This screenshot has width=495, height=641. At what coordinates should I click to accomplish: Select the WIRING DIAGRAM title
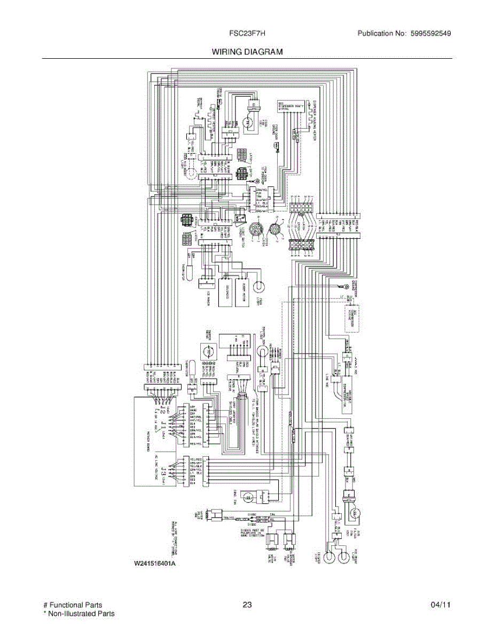point(247,52)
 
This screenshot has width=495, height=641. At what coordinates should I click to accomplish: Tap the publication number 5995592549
point(430,34)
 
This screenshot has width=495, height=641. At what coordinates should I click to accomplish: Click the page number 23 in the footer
point(247,605)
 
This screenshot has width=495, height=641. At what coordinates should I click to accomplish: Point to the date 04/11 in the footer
point(441,605)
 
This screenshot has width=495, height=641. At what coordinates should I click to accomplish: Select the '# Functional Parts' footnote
point(73,605)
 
